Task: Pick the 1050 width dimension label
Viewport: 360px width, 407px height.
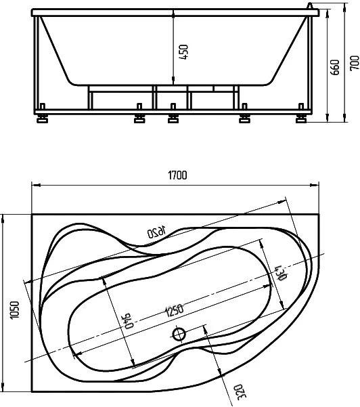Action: [7, 308]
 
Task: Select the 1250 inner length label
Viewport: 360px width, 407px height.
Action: [174, 312]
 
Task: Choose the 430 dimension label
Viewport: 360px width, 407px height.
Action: [277, 272]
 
